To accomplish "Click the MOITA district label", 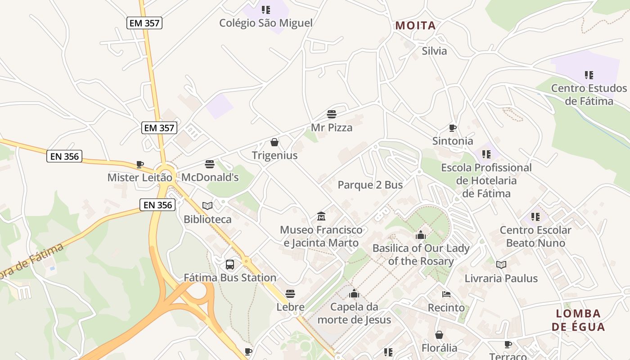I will tap(416, 26).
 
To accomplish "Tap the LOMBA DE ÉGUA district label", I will tap(578, 320).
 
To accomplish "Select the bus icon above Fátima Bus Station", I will tap(230, 265).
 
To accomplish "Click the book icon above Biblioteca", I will tap(207, 206).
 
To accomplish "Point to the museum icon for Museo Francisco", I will tap(321, 216).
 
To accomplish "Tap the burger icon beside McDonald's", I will tap(210, 164).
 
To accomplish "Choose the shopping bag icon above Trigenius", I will tap(274, 143).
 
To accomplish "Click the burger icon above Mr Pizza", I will tap(332, 114).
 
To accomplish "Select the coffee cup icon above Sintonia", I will tap(453, 128).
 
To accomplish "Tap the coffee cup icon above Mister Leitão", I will tap(140, 165).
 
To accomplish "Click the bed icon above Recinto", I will tap(446, 295).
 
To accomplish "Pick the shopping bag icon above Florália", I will tap(439, 335).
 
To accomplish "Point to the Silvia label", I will tap(434, 51).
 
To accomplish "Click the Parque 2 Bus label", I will tap(370, 185).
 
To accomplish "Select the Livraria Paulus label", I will tap(501, 279).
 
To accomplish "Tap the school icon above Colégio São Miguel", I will tap(266, 9).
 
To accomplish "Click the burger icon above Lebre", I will tap(290, 294).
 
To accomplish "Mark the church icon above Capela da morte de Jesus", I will tap(354, 294).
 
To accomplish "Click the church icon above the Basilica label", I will tap(421, 235).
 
